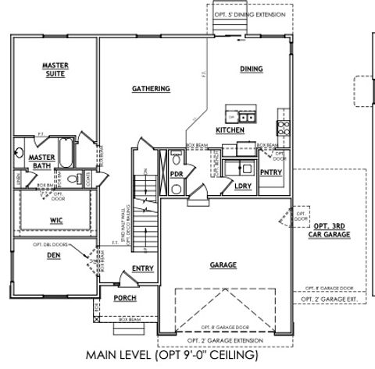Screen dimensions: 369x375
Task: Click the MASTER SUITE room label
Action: (x=54, y=70)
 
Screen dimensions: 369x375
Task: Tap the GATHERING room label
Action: (x=151, y=89)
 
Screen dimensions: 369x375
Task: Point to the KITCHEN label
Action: (x=230, y=130)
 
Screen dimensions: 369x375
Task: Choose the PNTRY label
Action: (x=270, y=172)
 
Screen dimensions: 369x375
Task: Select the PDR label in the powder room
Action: (x=176, y=173)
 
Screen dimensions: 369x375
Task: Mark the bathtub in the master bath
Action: (x=66, y=154)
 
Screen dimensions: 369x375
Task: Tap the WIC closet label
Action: (x=56, y=221)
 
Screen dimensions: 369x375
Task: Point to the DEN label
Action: (x=52, y=254)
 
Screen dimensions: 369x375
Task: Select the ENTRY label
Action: (x=143, y=269)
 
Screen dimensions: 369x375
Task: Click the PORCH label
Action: (x=125, y=298)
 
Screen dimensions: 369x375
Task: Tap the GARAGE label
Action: (x=223, y=265)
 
